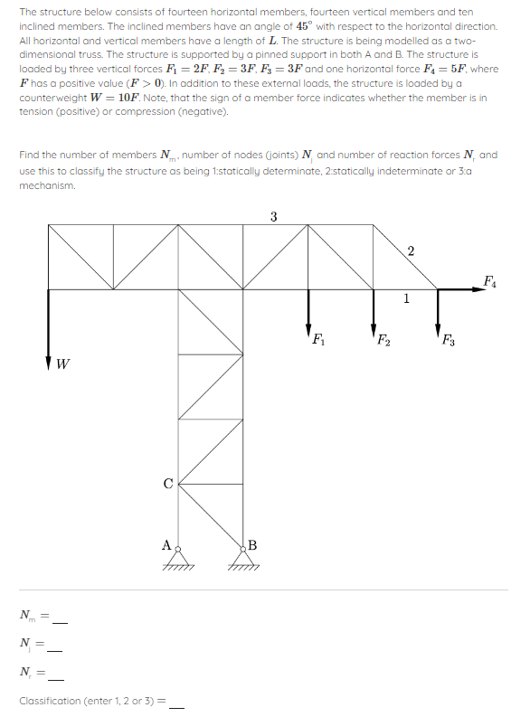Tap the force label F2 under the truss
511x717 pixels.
click(383, 341)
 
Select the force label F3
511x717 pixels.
click(449, 341)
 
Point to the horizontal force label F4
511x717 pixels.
click(489, 278)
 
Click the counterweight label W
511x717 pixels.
click(62, 365)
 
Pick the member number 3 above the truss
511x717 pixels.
click(274, 215)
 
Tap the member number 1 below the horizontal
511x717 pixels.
click(406, 298)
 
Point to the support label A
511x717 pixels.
click(166, 544)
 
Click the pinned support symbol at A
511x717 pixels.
click(179, 559)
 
